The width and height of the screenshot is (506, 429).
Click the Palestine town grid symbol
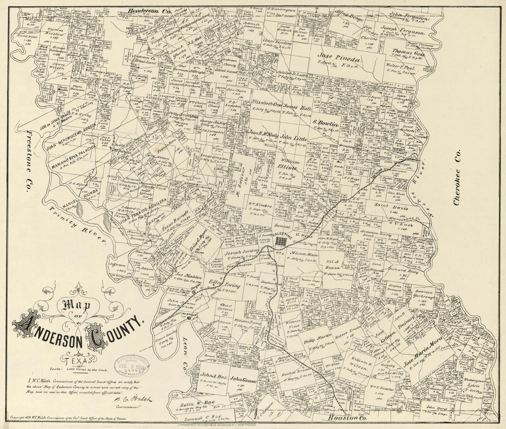tap(282, 240)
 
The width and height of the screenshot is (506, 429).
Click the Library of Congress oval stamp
tap(132, 366)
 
